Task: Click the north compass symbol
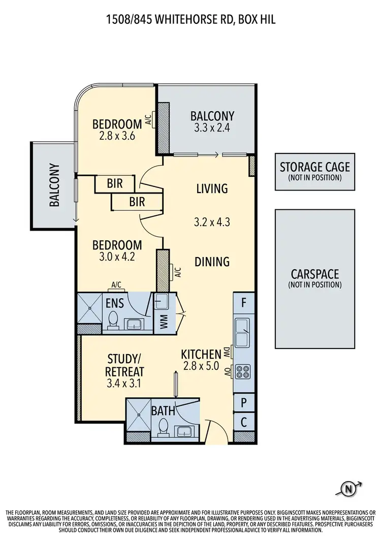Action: pyautogui.click(x=348, y=489)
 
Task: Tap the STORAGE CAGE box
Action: pyautogui.click(x=315, y=171)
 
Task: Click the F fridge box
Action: pyautogui.click(x=244, y=303)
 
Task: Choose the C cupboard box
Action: pyautogui.click(x=244, y=421)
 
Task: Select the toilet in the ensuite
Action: pyautogui.click(x=114, y=320)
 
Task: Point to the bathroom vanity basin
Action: pyautogui.click(x=183, y=431)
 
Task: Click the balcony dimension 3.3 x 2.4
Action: pyautogui.click(x=212, y=128)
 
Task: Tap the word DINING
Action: pyautogui.click(x=212, y=262)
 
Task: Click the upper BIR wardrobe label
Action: pyautogui.click(x=115, y=183)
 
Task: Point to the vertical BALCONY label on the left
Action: pyautogui.click(x=54, y=185)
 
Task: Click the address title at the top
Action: pyautogui.click(x=190, y=19)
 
